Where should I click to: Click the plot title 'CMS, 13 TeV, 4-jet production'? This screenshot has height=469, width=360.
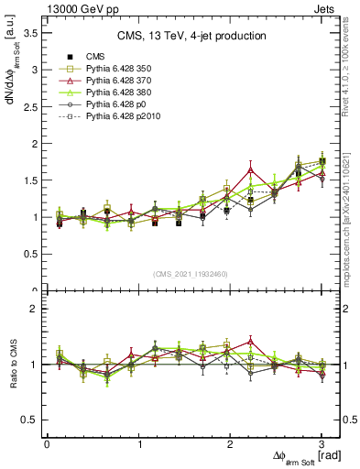pyautogui.click(x=191, y=36)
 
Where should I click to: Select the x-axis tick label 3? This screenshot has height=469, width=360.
pyautogui.click(x=322, y=444)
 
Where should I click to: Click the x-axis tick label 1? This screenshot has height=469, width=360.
pyautogui.click(x=138, y=444)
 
